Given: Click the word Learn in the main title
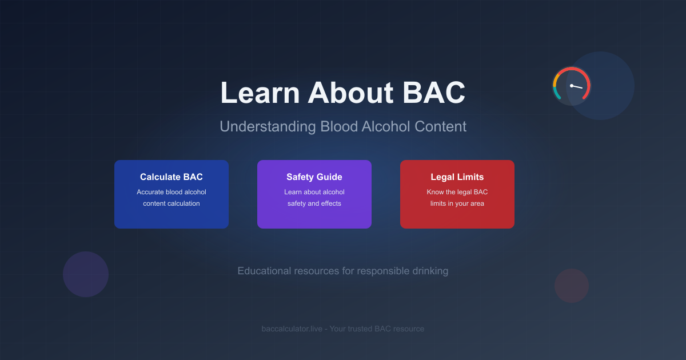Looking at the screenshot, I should [x=259, y=93].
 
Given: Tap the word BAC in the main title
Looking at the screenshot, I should [x=434, y=93].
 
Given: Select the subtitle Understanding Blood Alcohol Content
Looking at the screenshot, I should [x=343, y=126].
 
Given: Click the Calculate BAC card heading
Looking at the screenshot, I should [x=171, y=177].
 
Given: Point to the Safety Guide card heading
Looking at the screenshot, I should [x=314, y=177].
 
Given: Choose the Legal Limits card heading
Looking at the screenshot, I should [x=457, y=177].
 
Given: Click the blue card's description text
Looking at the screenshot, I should [x=171, y=198].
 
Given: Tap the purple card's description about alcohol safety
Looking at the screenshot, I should [x=314, y=198].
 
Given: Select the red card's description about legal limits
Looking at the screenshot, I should [x=457, y=198].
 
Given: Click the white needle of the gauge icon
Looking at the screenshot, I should [x=577, y=87].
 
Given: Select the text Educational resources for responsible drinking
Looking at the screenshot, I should [x=343, y=271].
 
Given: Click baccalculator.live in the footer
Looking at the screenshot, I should [x=288, y=329].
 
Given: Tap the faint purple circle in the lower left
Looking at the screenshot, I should [x=86, y=274].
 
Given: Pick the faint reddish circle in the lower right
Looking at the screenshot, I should [x=572, y=286].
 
